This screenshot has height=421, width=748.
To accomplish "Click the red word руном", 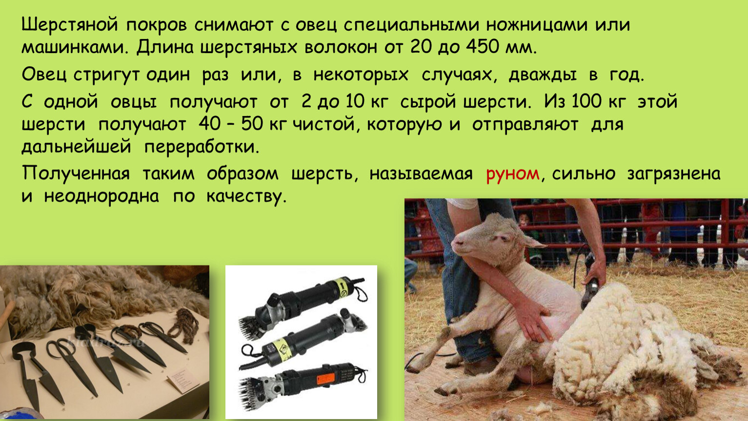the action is coord(513,174).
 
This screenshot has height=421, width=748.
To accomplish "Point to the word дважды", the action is coord(543,75).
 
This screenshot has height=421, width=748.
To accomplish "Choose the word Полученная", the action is coord(76,173).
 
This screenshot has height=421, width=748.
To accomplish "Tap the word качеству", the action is coord(246,197).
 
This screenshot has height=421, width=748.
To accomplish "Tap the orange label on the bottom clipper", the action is coord(325,379).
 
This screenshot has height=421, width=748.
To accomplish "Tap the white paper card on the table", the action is coord(183,380).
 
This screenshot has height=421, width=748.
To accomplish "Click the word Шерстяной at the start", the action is coord(70,25).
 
